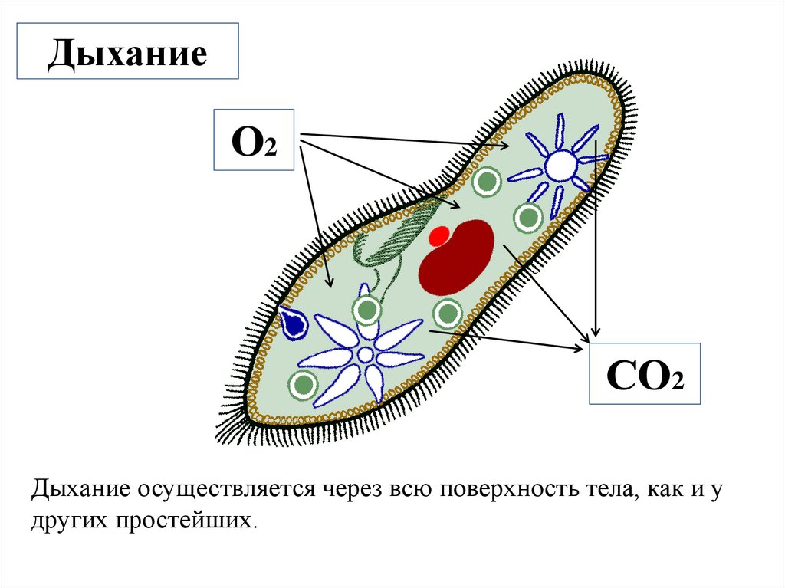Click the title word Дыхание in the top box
[129, 56]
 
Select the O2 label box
[254, 140]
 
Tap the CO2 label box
[645, 374]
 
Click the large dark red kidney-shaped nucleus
[458, 258]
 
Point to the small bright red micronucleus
[439, 235]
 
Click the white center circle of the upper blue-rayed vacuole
[560, 163]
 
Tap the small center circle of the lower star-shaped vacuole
[366, 354]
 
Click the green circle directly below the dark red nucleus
[447, 313]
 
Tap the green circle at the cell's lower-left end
[304, 383]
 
